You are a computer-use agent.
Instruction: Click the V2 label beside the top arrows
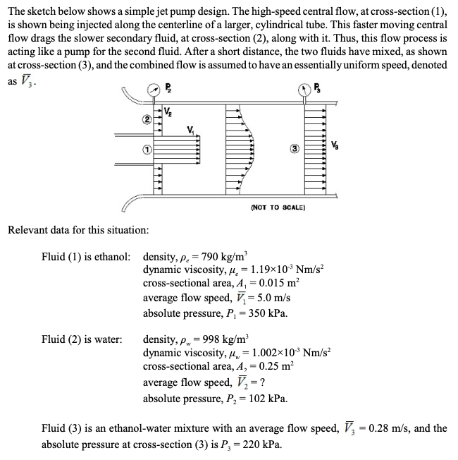(x=169, y=111)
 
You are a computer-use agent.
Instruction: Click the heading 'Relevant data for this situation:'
(x=78, y=230)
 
